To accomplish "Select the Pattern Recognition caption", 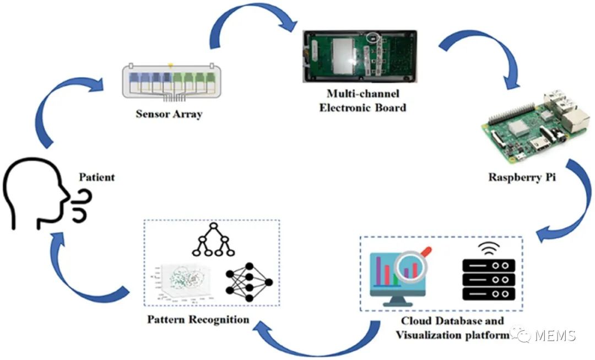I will [198, 319].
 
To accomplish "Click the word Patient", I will [97, 178].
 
